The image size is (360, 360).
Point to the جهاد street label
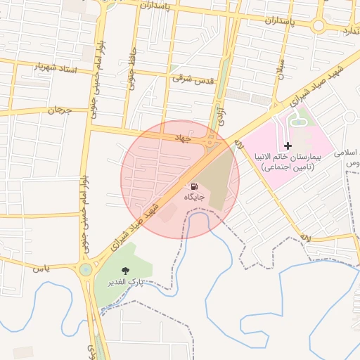tap(183, 138)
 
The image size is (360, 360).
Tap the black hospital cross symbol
tap(288, 145)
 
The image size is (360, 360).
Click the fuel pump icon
tap(193, 187)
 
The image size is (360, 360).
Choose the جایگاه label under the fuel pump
tap(193, 198)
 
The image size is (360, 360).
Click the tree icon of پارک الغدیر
tap(125, 271)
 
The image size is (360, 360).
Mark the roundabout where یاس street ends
tap(85, 269)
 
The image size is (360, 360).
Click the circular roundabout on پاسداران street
tap(318, 26)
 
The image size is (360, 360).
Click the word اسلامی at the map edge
tap(348, 152)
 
